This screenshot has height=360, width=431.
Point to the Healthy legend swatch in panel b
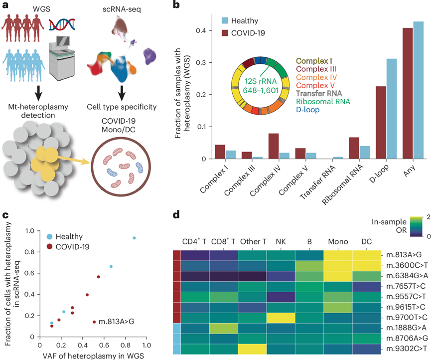click(227, 20)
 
